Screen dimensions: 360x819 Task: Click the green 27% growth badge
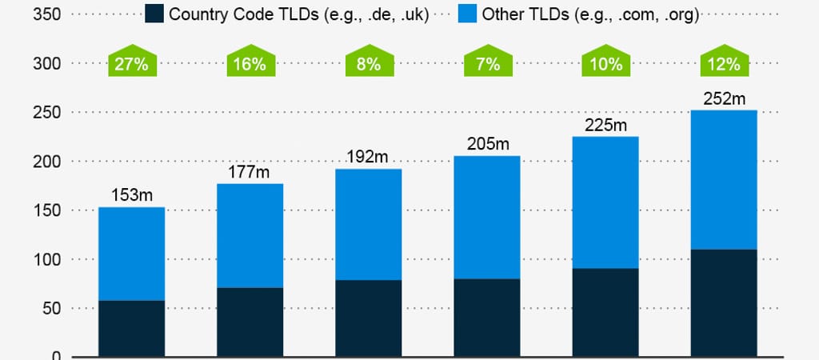point(131,63)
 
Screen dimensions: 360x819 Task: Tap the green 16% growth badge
point(250,63)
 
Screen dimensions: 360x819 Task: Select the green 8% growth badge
point(369,63)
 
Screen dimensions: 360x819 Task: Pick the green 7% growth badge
point(487,63)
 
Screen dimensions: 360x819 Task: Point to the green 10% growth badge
point(606,63)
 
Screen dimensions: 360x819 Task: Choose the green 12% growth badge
point(724,63)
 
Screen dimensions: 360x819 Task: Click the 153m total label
point(131,194)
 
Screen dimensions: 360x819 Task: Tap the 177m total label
point(250,171)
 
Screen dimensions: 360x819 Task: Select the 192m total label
point(369,157)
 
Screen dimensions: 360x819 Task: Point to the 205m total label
point(487,144)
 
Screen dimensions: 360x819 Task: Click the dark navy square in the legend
point(154,14)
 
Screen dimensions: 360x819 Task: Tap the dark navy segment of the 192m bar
point(369,318)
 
